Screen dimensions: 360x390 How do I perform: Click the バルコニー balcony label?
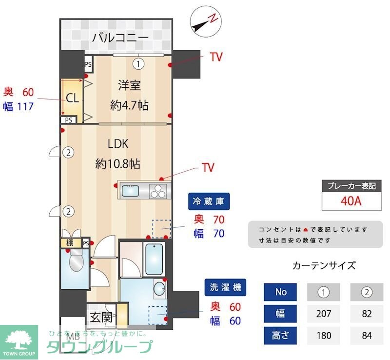tap(120, 37)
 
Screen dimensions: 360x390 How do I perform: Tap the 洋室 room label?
tap(129, 85)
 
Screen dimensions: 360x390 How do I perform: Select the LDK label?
tap(117, 144)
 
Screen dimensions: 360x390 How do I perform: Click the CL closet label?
tap(72, 98)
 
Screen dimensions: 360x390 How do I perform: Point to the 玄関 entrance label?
tap(101, 318)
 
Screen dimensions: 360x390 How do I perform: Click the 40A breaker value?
tap(351, 200)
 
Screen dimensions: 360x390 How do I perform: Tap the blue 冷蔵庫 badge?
tap(209, 201)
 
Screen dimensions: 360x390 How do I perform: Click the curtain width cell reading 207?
tap(323, 314)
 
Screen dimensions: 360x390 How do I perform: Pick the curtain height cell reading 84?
tap(366, 336)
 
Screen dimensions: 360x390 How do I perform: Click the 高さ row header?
tap(280, 336)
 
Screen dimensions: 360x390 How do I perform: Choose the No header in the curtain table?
tap(281, 292)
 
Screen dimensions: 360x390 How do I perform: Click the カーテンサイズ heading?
tap(324, 266)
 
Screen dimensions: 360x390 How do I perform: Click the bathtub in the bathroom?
tap(155, 259)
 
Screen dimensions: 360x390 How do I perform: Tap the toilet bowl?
tap(77, 263)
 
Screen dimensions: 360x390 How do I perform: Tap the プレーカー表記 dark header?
tap(351, 186)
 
